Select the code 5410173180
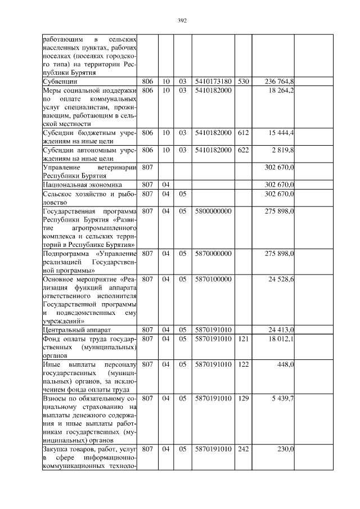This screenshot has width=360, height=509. pyautogui.click(x=213, y=82)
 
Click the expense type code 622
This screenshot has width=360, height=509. pyautogui.click(x=243, y=150)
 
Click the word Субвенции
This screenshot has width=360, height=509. pyautogui.click(x=61, y=82)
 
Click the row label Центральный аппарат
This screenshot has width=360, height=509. pyautogui.click(x=71, y=330)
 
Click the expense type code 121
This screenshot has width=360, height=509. pyautogui.click(x=243, y=339)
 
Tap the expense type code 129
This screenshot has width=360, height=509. pyautogui.click(x=243, y=398)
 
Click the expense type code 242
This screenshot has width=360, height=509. pyautogui.click(x=243, y=449)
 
